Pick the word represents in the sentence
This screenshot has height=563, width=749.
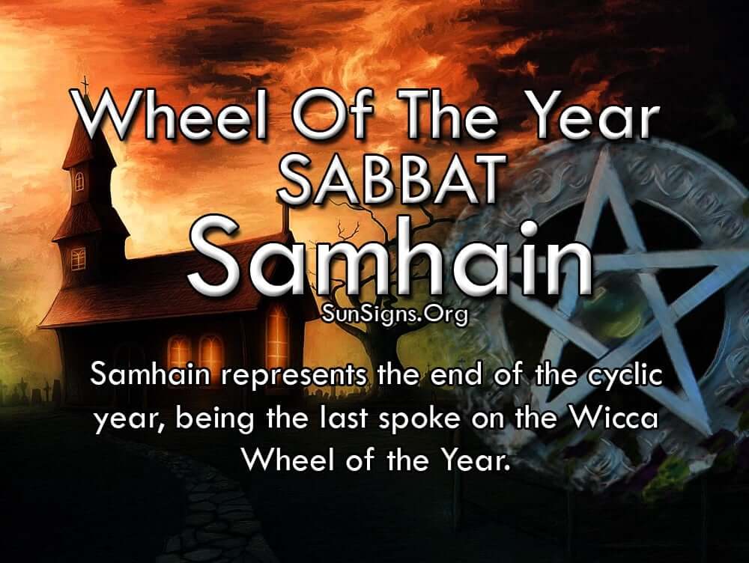click(294, 375)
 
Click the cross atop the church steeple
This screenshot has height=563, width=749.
click(85, 85)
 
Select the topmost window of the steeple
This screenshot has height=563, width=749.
click(79, 181)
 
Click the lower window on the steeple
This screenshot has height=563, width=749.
click(79, 259)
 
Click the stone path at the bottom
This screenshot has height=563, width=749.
click(210, 516)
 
